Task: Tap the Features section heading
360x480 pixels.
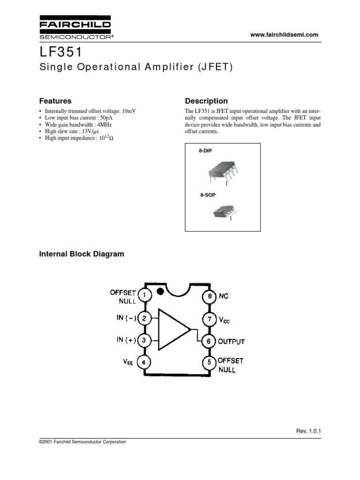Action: [x=55, y=101]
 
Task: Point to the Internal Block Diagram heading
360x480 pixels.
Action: [x=82, y=254]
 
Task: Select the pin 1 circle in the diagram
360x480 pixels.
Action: [x=144, y=296]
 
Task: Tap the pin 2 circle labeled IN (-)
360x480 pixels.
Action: [x=144, y=319]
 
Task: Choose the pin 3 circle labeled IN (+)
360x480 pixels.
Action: [x=144, y=340]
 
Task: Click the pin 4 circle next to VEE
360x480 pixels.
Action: [x=144, y=362]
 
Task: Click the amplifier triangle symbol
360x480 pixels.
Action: [x=172, y=329]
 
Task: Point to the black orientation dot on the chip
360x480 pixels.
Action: [x=160, y=291]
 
